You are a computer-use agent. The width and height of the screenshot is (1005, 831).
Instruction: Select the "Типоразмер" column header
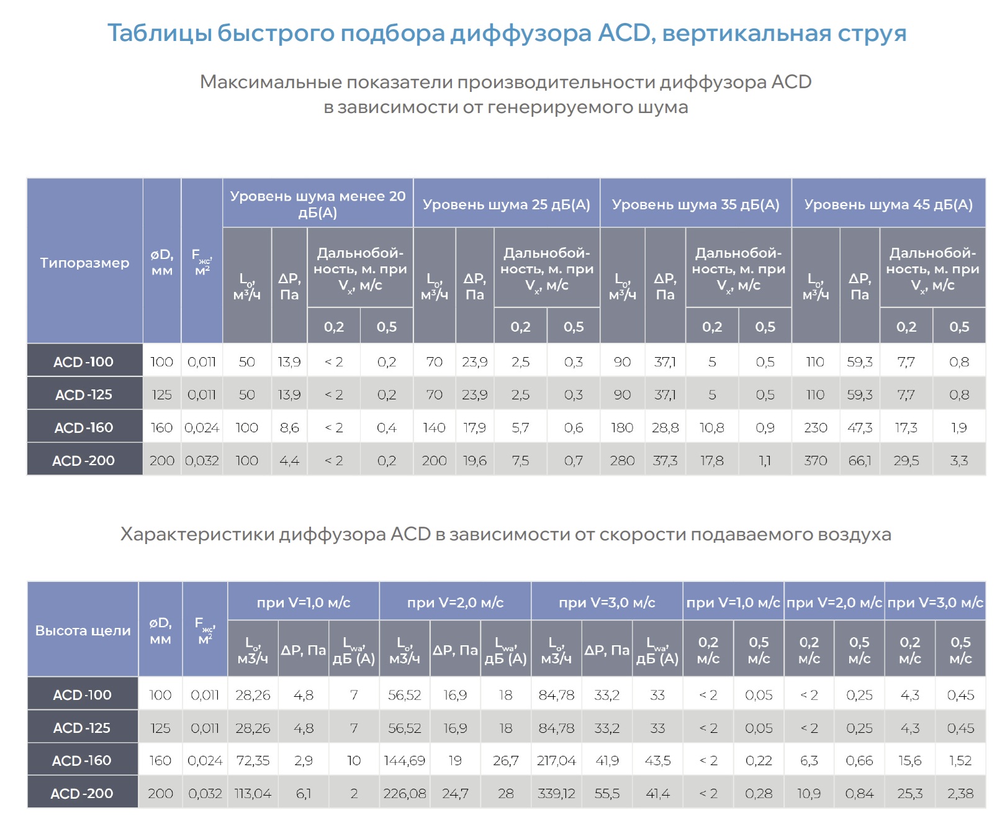(84, 263)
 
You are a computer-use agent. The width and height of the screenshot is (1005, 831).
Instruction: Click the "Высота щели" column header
(83, 630)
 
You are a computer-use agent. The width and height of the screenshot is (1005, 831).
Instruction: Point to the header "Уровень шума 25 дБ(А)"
(506, 204)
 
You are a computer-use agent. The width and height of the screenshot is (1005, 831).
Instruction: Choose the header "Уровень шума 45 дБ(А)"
(888, 204)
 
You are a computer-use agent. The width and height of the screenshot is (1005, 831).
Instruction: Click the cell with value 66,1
(860, 460)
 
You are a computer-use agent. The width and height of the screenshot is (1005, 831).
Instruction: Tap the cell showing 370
(815, 460)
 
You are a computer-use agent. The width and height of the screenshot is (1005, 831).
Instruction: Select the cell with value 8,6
(289, 427)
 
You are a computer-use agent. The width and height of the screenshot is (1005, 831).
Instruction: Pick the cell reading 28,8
(665, 427)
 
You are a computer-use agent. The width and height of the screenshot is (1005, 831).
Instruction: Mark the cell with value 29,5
(906, 460)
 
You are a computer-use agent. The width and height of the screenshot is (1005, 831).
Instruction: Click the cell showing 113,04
(253, 793)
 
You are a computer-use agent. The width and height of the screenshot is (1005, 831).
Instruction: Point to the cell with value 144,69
(404, 760)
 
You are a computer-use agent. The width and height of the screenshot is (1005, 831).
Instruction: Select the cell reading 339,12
(556, 793)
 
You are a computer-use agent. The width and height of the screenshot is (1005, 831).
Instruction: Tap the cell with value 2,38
(960, 793)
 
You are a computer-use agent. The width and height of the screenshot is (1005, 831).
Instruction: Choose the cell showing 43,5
(657, 760)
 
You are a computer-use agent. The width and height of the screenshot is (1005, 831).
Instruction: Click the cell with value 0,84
(859, 793)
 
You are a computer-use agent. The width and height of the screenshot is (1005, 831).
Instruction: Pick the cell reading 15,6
(909, 760)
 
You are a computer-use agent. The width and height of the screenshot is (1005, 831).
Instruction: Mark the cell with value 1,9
(958, 427)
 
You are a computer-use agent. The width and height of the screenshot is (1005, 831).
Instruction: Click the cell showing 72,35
(253, 760)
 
